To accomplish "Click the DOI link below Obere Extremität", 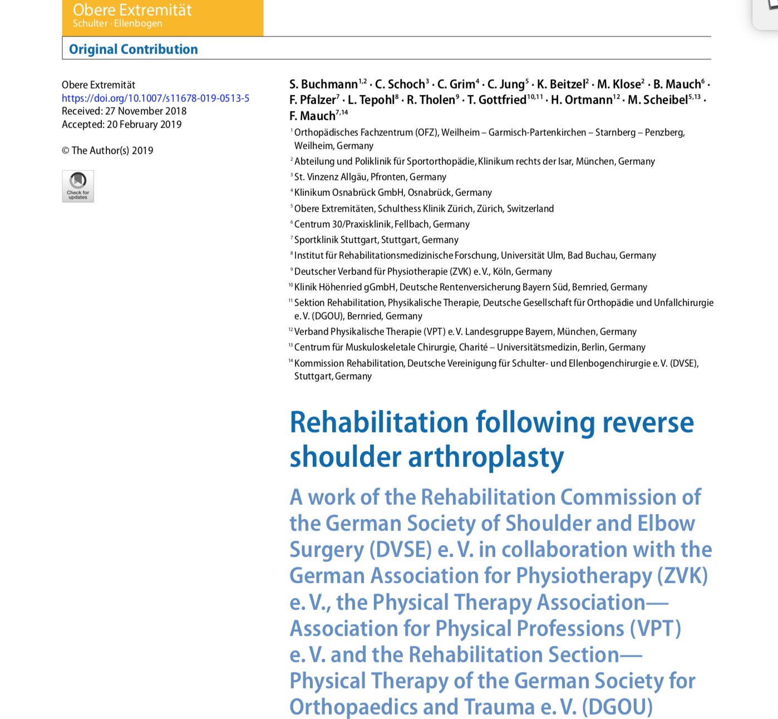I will [x=155, y=99].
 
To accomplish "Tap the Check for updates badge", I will [x=78, y=186].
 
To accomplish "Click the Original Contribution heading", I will [x=133, y=50].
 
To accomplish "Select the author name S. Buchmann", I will [x=323, y=85].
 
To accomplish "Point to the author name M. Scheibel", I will [x=658, y=100].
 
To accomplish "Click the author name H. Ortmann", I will [x=581, y=100].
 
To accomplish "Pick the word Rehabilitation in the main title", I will [x=378, y=422].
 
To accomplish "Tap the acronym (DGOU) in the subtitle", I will [x=617, y=707].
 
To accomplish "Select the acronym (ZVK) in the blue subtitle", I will [x=682, y=575].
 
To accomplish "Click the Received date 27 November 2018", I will [x=146, y=111].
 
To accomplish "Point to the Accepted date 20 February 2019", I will [x=144, y=125].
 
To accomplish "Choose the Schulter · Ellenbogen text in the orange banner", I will [x=117, y=23].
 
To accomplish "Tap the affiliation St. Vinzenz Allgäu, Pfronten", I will [x=370, y=177].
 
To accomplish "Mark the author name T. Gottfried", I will [x=497, y=100].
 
